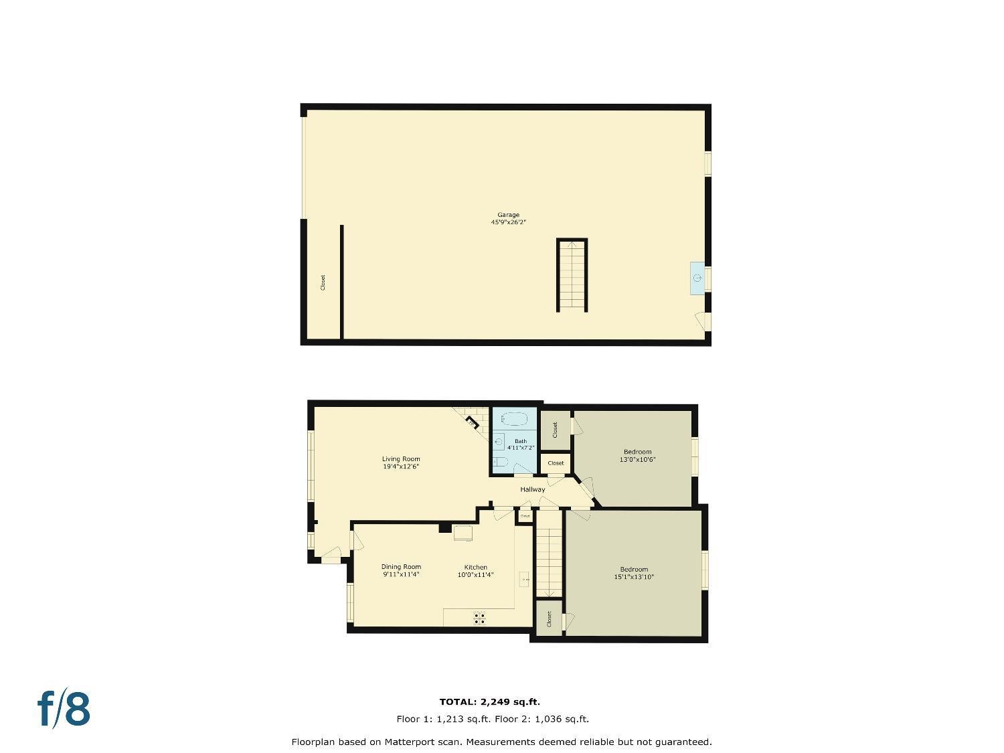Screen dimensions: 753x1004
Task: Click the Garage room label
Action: tap(508, 215)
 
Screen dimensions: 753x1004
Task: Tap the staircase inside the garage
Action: tap(572, 275)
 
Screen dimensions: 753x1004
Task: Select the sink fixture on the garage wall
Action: tap(697, 278)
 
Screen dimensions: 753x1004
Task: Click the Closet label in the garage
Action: tap(323, 282)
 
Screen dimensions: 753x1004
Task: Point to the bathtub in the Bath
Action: tap(515, 420)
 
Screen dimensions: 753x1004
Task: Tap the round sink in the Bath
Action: tap(499, 442)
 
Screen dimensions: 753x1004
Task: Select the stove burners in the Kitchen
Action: tap(479, 618)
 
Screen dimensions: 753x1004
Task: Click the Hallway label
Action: tap(533, 489)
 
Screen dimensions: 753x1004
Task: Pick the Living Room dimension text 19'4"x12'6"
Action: tap(401, 467)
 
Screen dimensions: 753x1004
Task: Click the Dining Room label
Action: tap(401, 567)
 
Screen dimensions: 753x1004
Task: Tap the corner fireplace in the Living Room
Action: tap(471, 422)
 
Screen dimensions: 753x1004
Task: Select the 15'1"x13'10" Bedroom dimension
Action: tap(633, 576)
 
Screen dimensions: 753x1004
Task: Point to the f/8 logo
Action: tap(64, 709)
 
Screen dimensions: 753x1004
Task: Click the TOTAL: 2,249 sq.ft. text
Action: tap(489, 702)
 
